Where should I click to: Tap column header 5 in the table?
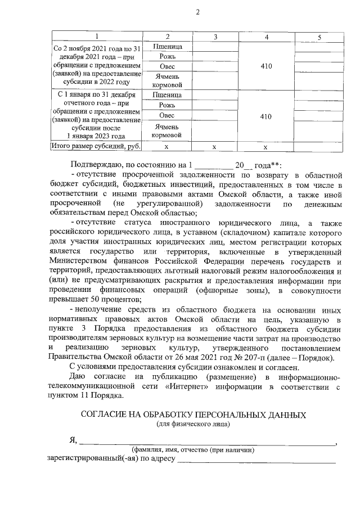coord(319,37)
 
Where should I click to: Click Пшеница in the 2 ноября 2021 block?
coord(167,47)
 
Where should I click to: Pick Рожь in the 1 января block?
coord(167,105)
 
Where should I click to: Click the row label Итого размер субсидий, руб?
coord(95,146)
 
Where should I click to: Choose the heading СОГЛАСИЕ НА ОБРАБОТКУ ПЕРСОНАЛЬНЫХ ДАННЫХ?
coord(193,415)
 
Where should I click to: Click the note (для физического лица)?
coord(193,424)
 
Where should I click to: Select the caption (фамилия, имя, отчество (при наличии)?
coord(193,450)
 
